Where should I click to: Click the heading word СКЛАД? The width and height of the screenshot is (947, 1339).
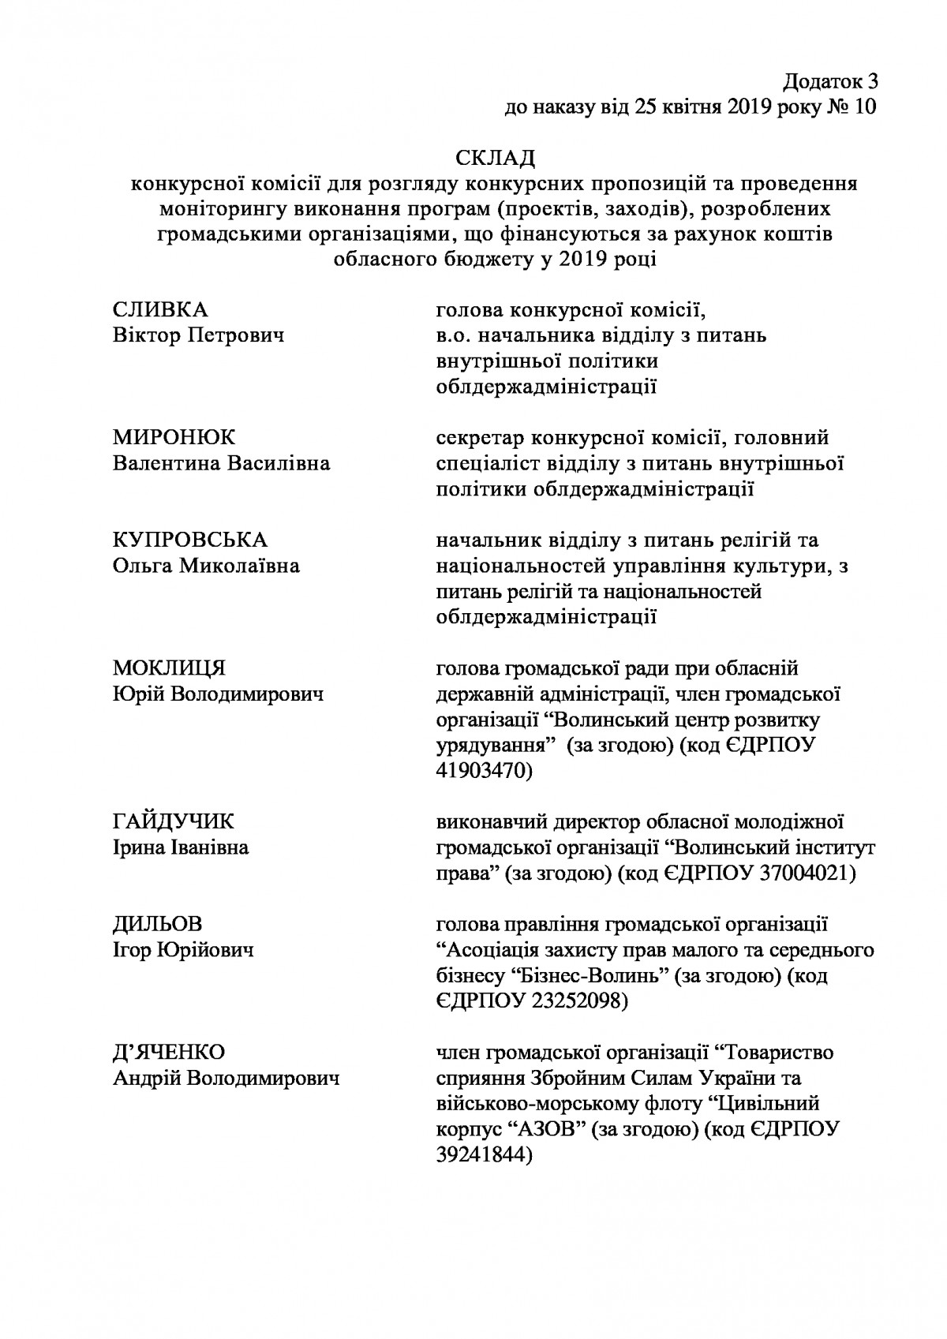coord(495,158)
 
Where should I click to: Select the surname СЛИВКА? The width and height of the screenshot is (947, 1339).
coord(161,310)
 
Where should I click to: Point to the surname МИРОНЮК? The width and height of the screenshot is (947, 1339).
coord(174,438)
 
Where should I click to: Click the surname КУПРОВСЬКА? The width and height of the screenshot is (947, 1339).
coord(190,540)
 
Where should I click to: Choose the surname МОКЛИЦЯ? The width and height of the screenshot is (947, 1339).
coord(169,668)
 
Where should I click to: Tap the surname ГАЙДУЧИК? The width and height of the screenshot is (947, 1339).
coord(174,822)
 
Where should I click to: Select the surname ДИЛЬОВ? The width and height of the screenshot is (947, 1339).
coord(158,924)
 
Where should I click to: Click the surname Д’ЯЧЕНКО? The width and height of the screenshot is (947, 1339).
coord(170,1052)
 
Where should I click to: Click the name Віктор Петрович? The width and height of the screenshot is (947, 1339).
coord(199,336)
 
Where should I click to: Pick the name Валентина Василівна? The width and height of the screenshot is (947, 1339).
coord(222,464)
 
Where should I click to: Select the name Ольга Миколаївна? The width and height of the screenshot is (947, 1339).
coord(207,566)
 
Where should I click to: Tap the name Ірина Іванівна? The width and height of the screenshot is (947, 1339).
coord(182,848)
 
